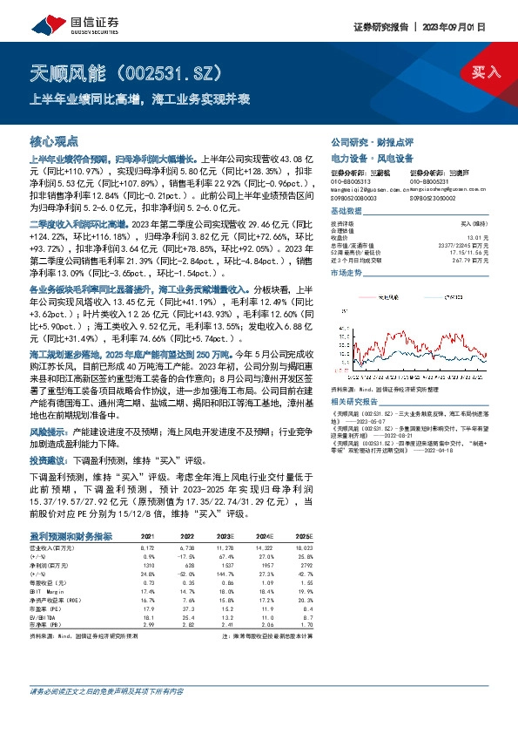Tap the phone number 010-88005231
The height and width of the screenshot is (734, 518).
coord(430,180)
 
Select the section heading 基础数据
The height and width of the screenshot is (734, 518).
coord(347,213)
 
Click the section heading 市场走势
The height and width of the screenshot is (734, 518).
coord(347,273)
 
